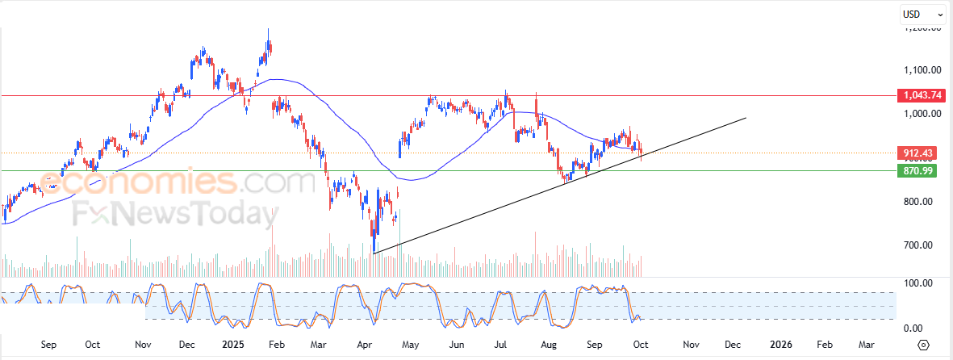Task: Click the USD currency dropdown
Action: tap(922, 14)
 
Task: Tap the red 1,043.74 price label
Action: tap(921, 95)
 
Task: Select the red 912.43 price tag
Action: tap(919, 153)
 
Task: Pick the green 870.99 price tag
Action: tap(919, 170)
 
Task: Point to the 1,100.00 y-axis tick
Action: tap(922, 70)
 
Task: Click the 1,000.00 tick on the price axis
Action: tap(922, 114)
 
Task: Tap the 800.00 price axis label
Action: tap(922, 202)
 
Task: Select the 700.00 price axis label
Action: tap(922, 245)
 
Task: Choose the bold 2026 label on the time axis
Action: tap(780, 345)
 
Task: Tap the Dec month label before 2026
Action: tap(732, 345)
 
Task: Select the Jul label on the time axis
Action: tap(500, 345)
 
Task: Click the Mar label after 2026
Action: tap(866, 345)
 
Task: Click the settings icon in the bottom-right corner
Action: tap(925, 345)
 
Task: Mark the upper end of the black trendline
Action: tap(746, 119)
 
